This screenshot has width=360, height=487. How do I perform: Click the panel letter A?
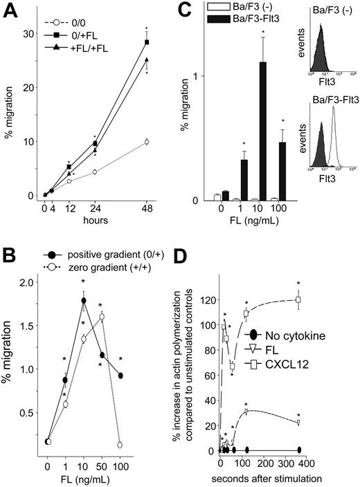[9, 9]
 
